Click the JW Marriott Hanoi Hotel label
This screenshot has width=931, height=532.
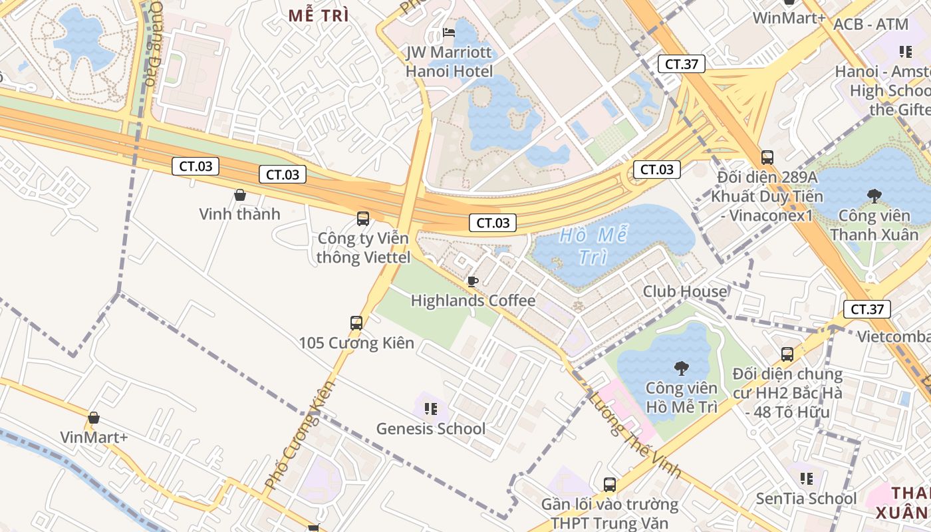[x=450, y=62]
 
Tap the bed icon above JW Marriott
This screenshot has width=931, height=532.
[x=450, y=33]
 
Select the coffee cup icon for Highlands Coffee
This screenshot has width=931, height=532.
[x=473, y=281]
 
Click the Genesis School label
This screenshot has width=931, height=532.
[x=431, y=429]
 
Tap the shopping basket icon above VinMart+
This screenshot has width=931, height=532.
[x=94, y=418]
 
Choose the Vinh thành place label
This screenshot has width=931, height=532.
[x=240, y=214]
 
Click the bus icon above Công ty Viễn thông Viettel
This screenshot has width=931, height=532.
[x=363, y=218]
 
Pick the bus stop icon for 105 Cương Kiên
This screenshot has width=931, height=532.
[x=356, y=323]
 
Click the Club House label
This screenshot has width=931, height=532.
[x=685, y=291]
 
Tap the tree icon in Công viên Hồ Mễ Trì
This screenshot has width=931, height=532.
[x=681, y=368]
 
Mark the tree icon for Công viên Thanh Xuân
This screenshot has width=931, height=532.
[x=874, y=196]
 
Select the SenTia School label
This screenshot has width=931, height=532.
[x=806, y=499]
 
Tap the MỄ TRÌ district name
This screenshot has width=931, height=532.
[x=319, y=17]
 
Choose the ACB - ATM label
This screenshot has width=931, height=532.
[x=870, y=25]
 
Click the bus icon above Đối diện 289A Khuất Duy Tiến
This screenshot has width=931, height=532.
[x=767, y=158]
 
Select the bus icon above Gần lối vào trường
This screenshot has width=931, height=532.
[x=610, y=485]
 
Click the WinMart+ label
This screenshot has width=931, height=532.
[x=789, y=17]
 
